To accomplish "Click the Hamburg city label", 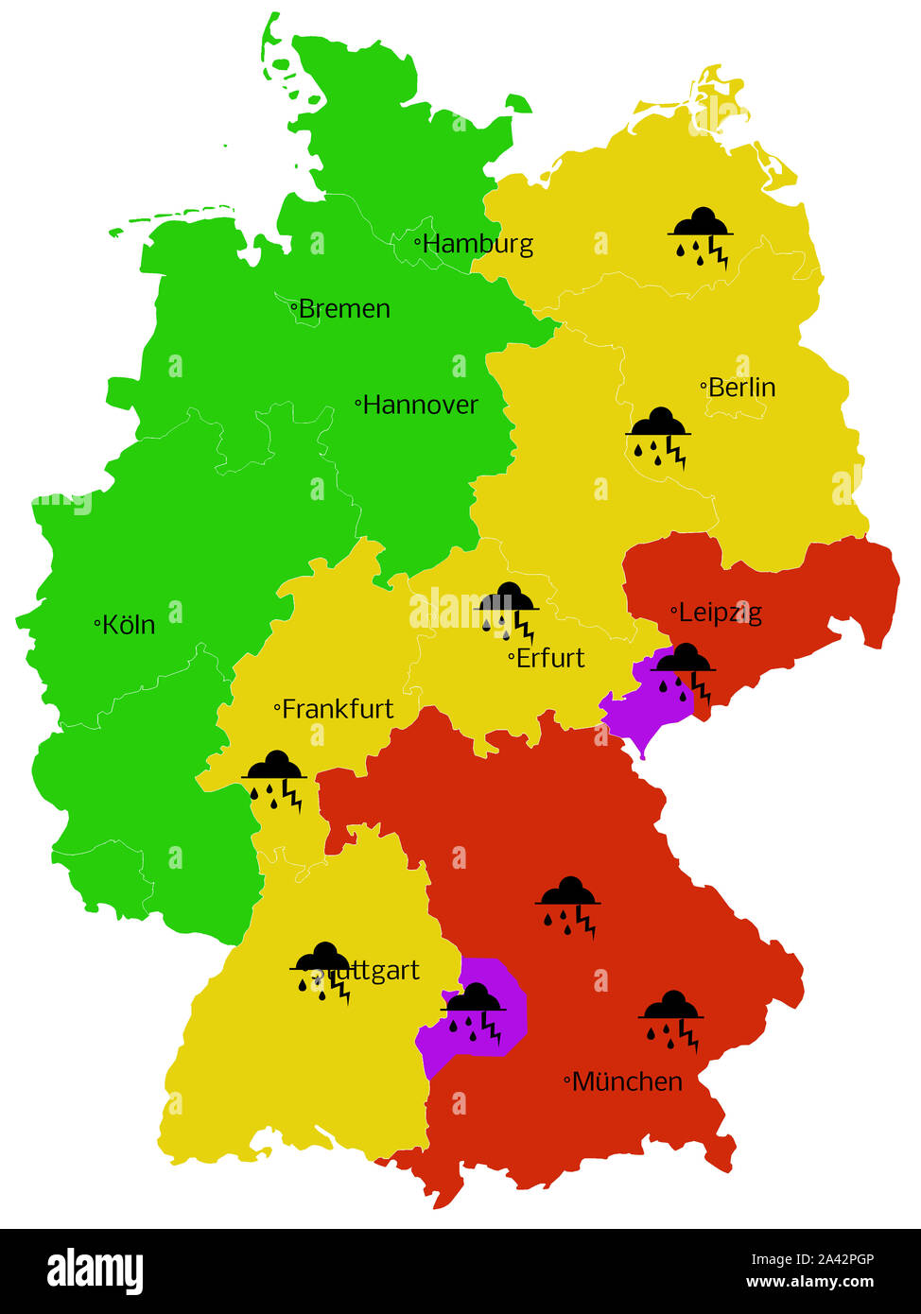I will tap(478, 244).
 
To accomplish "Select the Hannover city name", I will tap(420, 405).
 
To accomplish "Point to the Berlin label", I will tap(741, 388).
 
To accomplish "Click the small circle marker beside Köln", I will tap(97, 623).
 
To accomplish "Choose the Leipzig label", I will tap(720, 613).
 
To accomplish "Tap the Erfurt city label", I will tap(550, 658).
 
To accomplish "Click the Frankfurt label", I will tap(338, 709).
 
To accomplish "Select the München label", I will tap(627, 1081).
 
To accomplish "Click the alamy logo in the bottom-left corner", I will tap(96, 1271).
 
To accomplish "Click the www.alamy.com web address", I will tap(809, 1283).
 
